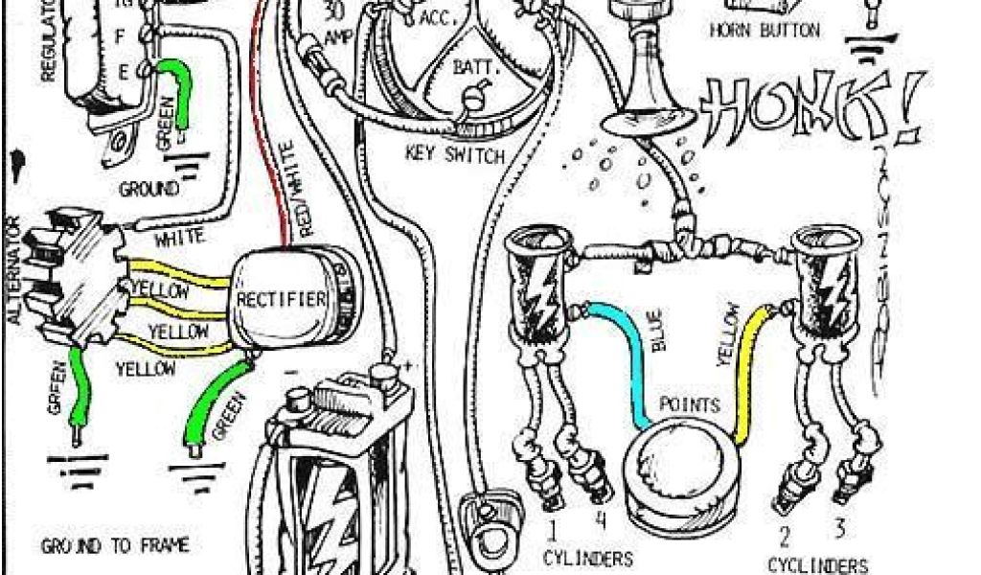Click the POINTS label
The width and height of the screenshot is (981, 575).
click(690, 404)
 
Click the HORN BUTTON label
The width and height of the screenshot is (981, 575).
click(764, 31)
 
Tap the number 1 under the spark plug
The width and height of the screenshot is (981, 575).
click(552, 528)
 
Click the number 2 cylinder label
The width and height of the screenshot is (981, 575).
click(784, 535)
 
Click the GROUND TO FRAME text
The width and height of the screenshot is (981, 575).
click(115, 546)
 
